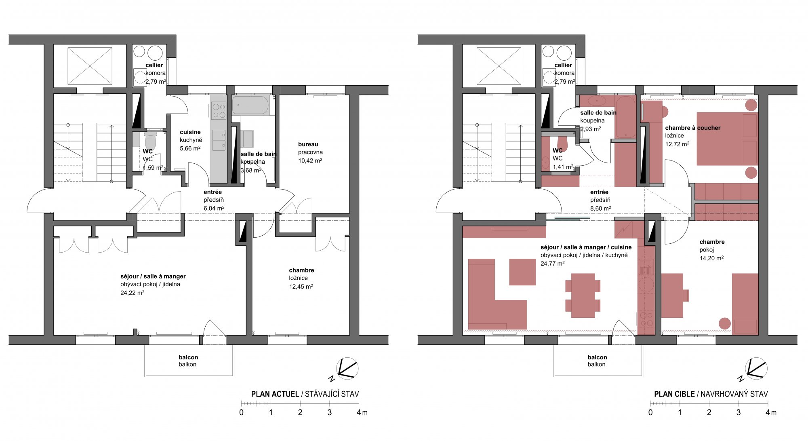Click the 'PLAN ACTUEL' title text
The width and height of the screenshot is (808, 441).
(275, 394)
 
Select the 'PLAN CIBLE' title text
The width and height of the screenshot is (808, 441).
(674, 394)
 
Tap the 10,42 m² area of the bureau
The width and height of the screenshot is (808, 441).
(310, 160)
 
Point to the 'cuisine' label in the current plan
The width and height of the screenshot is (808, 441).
(190, 132)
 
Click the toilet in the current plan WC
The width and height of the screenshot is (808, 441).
(150, 140)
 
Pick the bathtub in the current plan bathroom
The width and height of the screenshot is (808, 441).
(250, 105)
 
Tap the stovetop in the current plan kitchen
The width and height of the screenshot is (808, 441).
(219, 111)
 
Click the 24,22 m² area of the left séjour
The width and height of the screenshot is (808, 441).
(132, 293)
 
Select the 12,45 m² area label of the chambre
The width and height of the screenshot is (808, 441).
(301, 287)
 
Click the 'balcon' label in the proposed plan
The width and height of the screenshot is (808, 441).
(597, 357)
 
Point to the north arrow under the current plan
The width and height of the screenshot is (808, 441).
(345, 369)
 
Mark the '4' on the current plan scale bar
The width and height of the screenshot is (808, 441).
(359, 413)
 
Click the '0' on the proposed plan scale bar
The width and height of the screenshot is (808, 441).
(650, 413)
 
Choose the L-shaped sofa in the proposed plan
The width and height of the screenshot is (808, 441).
(497, 294)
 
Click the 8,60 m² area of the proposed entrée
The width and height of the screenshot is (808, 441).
(600, 209)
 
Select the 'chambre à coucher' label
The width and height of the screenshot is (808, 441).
(693, 128)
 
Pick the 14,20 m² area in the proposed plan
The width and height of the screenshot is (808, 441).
(711, 258)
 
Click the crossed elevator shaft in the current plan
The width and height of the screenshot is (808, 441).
(90, 66)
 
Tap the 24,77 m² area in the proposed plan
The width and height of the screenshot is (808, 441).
(553, 264)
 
